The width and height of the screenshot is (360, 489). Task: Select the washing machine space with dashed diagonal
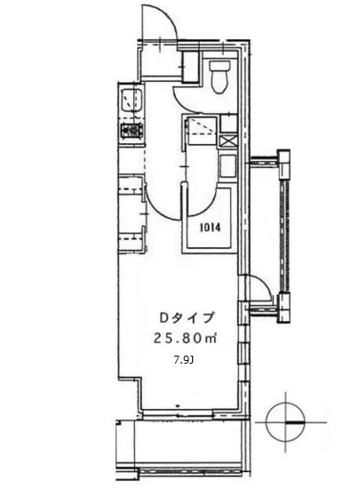[x=198, y=132]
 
